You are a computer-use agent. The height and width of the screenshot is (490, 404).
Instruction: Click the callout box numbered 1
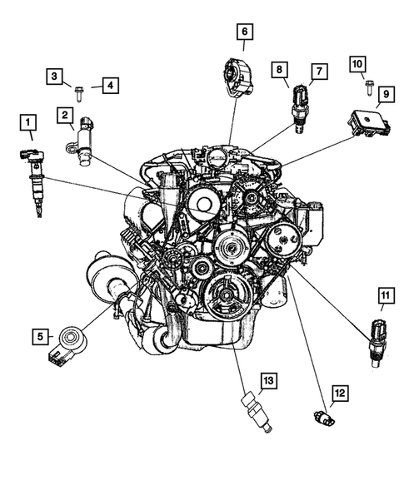(x=29, y=126)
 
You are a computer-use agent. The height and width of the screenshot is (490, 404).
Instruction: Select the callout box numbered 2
(x=64, y=114)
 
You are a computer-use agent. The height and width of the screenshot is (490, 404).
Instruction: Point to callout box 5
(x=37, y=337)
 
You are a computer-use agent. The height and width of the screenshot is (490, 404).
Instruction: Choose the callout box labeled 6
(x=244, y=32)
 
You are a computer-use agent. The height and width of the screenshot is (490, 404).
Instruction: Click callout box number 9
(x=386, y=96)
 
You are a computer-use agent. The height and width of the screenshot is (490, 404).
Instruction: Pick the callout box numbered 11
(x=386, y=296)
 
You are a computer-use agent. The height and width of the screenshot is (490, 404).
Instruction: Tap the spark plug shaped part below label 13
(x=255, y=413)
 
